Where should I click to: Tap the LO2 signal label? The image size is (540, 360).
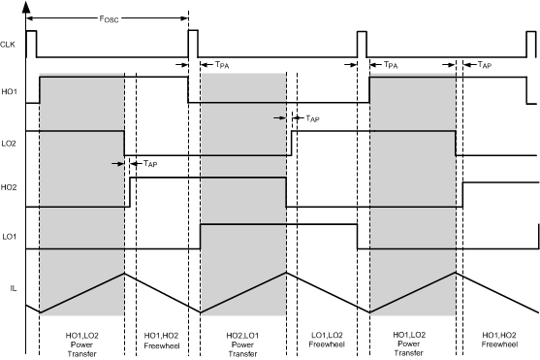click(x=10, y=143)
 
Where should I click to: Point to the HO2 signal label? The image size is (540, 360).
click(x=10, y=186)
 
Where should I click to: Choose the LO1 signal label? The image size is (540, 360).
click(x=10, y=237)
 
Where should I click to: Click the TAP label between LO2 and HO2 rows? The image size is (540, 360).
click(x=150, y=164)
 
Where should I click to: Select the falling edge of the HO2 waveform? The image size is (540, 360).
click(x=285, y=192)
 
